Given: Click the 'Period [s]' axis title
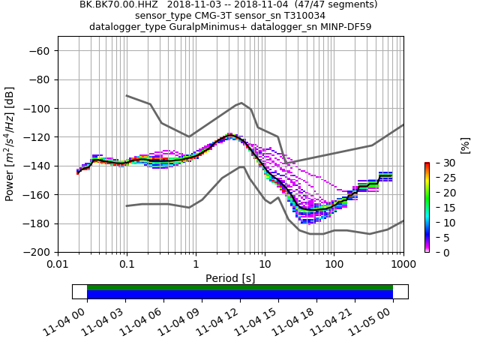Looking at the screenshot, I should (230, 278).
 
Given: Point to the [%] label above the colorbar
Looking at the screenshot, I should (465, 145).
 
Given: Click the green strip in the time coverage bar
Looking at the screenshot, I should (240, 287).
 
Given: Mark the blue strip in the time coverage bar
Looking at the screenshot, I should (240, 295).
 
